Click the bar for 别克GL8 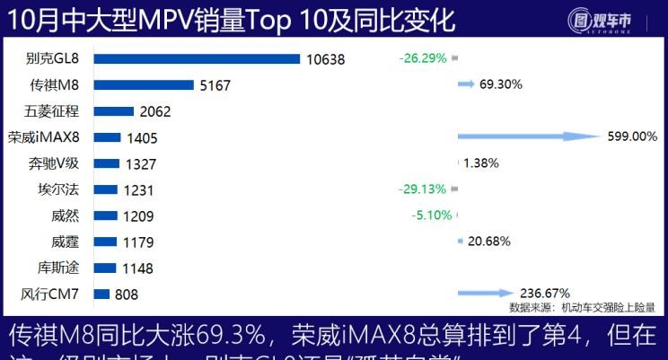coord(196,59)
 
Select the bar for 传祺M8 coord(143,85)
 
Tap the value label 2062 coord(155,112)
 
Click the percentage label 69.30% coord(502,83)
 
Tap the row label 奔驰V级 coord(55,163)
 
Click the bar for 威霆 coord(105,241)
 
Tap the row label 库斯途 coord(60,268)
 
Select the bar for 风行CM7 coord(101,294)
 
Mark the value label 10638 coord(325,60)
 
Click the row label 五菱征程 coord(55,111)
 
